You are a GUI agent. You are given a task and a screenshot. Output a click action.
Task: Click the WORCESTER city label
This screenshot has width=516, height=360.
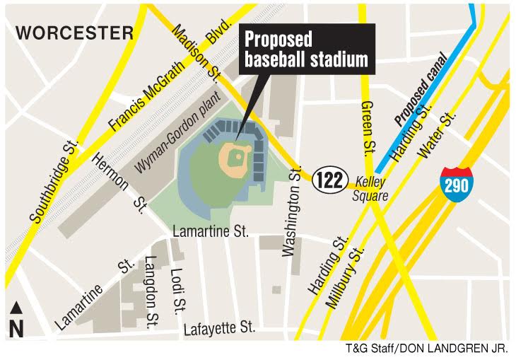(x=75, y=33)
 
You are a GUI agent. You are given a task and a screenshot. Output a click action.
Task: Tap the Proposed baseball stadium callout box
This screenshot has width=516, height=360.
(x=306, y=50)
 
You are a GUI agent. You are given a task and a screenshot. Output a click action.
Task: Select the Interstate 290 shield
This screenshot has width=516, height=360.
(x=455, y=183)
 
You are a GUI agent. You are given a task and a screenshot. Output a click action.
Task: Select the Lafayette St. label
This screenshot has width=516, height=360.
(x=218, y=328)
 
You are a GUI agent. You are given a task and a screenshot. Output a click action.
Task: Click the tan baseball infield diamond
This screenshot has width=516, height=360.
(x=236, y=159)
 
